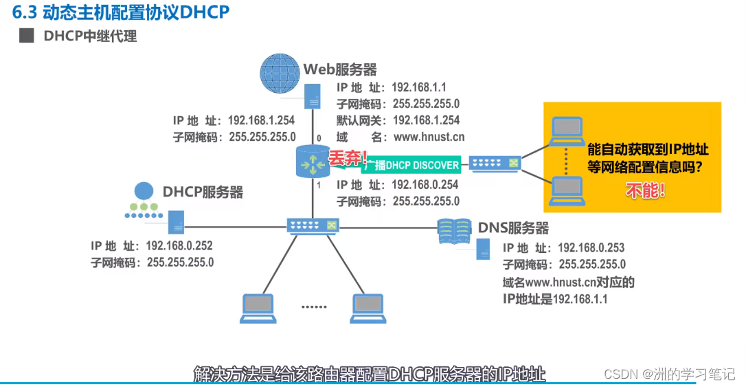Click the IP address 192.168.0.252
(180, 246)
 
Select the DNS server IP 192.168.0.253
(591, 247)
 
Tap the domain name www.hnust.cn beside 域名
(429, 137)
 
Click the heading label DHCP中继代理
(90, 36)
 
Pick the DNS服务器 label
(513, 228)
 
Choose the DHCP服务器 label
(203, 192)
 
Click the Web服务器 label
(341, 70)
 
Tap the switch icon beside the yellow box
(495, 164)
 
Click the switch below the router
(313, 225)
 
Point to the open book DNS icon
(455, 232)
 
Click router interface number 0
(319, 138)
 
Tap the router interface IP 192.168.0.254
(425, 186)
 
